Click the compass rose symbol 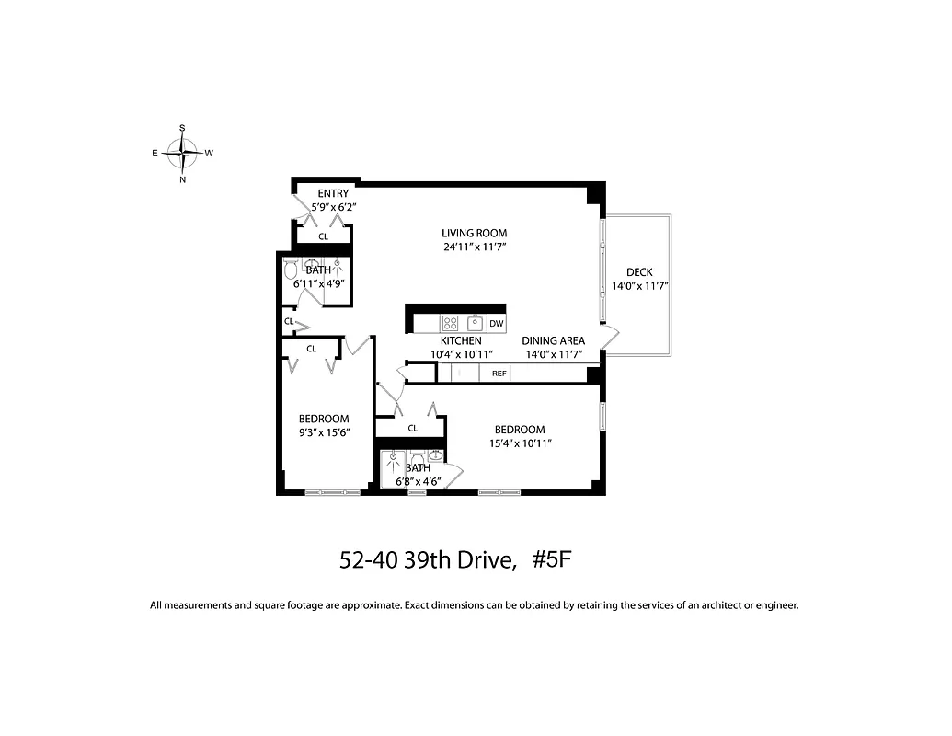point(183,153)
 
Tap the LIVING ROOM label point(474,233)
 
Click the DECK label point(639,272)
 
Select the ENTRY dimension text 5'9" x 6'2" point(332,207)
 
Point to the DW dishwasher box point(496,323)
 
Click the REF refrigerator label point(499,374)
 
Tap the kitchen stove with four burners point(451,323)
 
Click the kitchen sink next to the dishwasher point(475,323)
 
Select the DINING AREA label point(554,340)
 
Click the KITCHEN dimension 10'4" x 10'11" point(461,354)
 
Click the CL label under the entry point(323,236)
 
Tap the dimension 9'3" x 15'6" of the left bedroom point(324,431)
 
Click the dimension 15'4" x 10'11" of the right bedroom point(520,443)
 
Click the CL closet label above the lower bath point(412,428)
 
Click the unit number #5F point(552,560)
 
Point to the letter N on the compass point(183,180)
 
